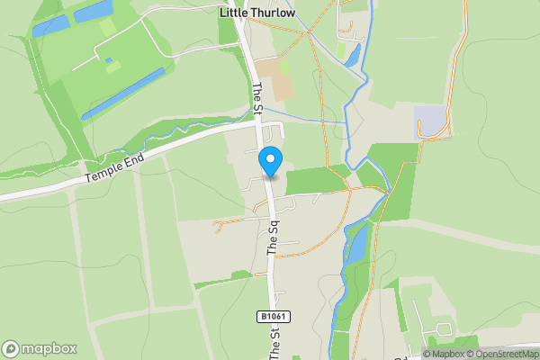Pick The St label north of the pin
[x=256, y=99]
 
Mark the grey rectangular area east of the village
[x=429, y=120]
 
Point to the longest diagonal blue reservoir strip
[x=124, y=94]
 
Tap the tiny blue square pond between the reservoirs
[x=109, y=60]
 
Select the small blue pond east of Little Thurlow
[x=352, y=57]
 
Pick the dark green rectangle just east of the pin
[x=315, y=180]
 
